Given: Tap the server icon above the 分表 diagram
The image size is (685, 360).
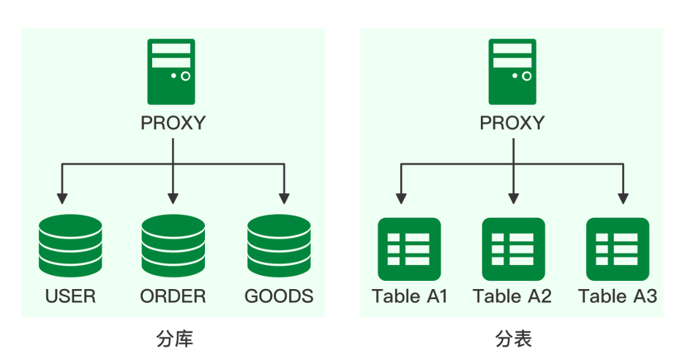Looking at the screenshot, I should (512, 72).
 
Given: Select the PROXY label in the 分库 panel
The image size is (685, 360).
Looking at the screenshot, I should (173, 122).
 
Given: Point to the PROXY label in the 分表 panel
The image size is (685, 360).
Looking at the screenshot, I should (512, 122).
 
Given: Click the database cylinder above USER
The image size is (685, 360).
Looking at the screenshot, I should (70, 246).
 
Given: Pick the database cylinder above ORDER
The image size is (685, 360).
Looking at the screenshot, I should (173, 246).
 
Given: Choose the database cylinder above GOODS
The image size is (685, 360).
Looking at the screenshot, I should (279, 246).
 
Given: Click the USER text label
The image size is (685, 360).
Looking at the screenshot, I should (70, 296).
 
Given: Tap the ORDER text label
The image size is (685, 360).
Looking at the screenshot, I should (173, 296).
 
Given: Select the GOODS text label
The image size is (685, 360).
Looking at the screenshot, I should (279, 296).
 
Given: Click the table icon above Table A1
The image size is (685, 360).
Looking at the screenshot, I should (408, 249).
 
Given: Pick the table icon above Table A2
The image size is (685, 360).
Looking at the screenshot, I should (513, 249).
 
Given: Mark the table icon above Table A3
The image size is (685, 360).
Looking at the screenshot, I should (618, 249).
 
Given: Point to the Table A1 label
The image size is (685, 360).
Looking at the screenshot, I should (409, 296).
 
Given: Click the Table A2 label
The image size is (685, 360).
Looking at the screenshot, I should (512, 296).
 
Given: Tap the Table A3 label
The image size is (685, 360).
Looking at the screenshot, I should (618, 296).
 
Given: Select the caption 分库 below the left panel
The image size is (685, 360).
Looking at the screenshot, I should (175, 339).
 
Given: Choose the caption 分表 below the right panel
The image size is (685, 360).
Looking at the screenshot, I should (513, 339).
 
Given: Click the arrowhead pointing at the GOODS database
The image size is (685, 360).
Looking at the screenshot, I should (284, 198).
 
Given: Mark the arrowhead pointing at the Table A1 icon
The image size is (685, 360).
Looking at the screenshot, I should (401, 198).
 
